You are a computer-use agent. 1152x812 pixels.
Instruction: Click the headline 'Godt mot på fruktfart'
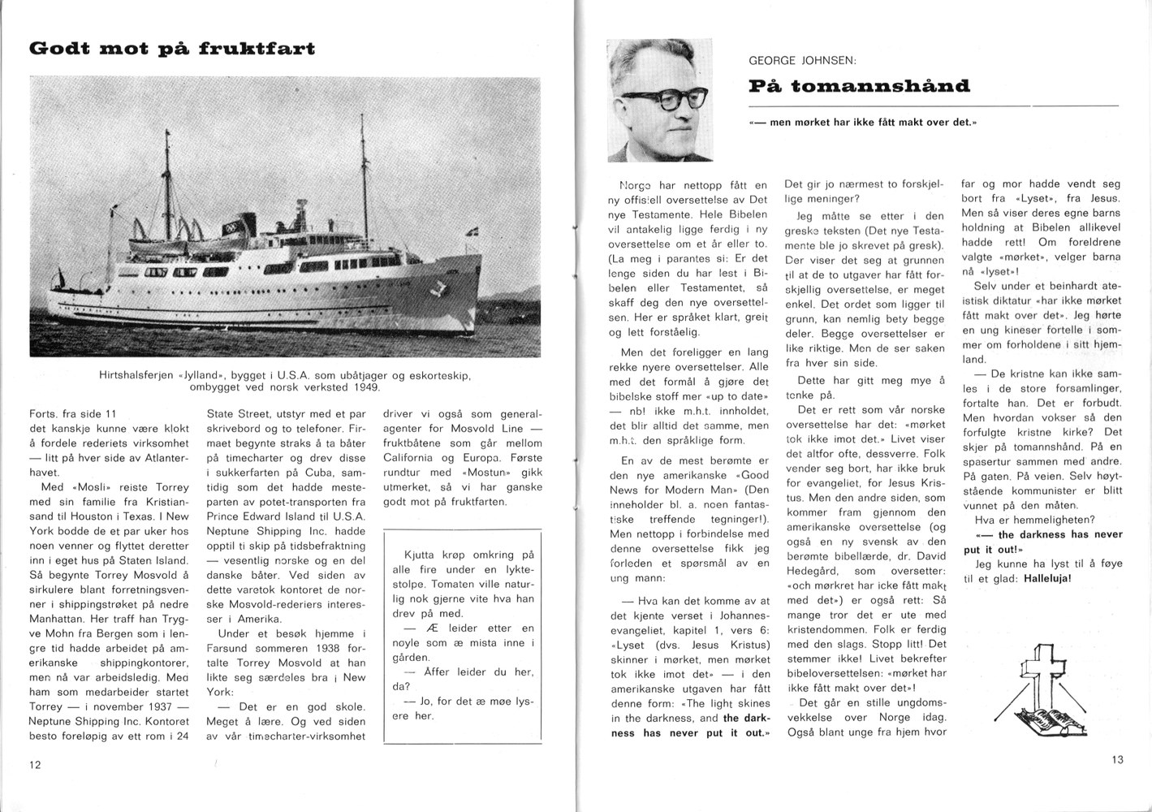pos(171,48)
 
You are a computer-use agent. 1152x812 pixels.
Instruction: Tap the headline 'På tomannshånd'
pos(859,85)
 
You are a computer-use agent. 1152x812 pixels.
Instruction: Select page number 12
pos(35,764)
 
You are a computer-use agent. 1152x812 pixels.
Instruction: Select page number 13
pos(1117,759)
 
